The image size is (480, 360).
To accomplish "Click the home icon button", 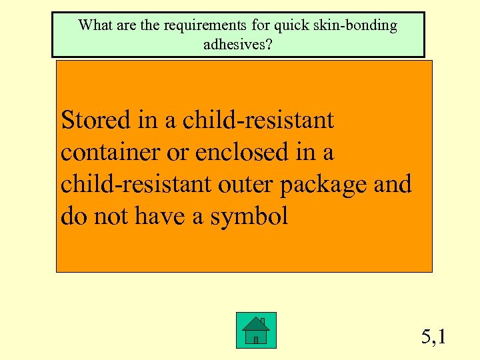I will click(256, 330).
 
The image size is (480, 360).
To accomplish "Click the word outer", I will click(247, 185).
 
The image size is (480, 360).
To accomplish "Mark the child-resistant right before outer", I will click(137, 184).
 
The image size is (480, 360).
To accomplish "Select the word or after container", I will click(177, 153).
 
